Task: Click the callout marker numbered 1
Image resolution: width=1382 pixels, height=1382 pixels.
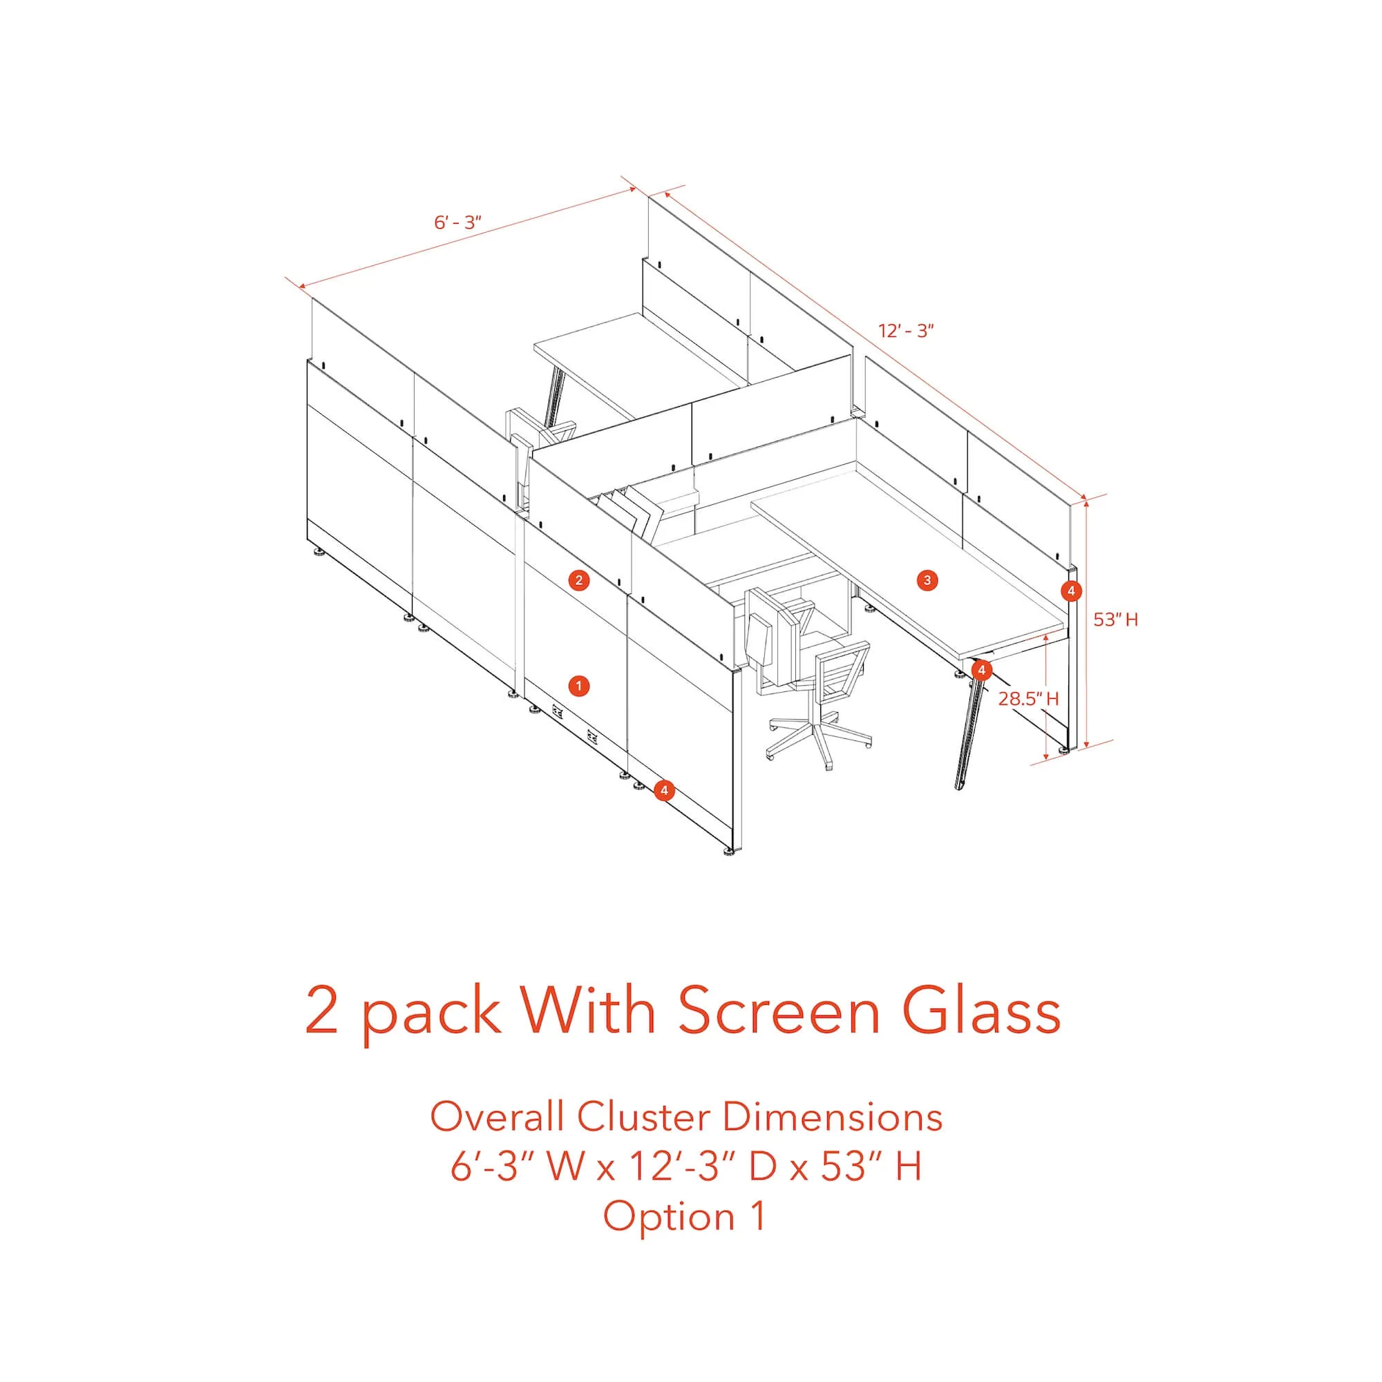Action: pos(578,687)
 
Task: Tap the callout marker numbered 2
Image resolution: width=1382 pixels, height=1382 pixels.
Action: pos(579,580)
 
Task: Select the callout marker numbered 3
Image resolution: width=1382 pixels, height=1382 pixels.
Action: pos(927,580)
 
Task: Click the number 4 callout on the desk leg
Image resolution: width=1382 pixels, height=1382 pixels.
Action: pos(982,670)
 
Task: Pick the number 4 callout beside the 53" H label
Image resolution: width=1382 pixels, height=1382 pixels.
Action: pos(1070,592)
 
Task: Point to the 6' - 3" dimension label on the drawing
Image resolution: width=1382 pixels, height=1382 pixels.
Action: pos(457,222)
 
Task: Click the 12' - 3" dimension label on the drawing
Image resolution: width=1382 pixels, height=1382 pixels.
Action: pos(906,332)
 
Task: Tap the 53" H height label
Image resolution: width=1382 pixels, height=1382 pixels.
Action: pos(1115,620)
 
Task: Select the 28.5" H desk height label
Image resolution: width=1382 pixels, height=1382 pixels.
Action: pos(1028,698)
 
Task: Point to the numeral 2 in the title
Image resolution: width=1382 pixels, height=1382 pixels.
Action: pos(321,1011)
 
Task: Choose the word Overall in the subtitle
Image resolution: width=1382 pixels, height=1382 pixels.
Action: pos(499,1117)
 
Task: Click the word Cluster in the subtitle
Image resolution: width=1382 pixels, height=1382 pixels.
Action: pos(644,1117)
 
